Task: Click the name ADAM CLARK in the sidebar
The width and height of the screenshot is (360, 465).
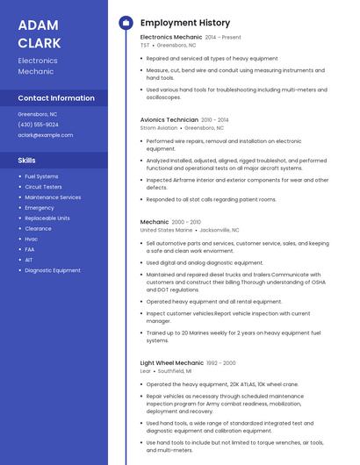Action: (x=40, y=33)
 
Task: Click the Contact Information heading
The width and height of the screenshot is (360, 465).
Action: (x=56, y=98)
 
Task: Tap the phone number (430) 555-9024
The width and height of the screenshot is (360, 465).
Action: (x=39, y=125)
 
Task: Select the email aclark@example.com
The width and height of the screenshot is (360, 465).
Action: (x=46, y=135)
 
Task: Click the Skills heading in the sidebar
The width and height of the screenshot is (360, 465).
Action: (x=27, y=161)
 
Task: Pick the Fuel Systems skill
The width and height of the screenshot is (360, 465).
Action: (x=41, y=176)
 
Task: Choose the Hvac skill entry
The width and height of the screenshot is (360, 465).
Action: (x=32, y=239)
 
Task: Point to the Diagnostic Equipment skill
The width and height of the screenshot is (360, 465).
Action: (x=53, y=270)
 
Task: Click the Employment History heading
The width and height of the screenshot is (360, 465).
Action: (x=185, y=23)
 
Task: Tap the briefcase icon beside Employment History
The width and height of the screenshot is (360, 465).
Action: (x=125, y=23)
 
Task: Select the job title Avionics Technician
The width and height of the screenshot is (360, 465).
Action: (x=169, y=119)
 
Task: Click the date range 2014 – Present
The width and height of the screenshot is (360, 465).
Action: (x=223, y=38)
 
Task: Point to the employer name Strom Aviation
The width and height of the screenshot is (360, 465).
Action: (x=159, y=127)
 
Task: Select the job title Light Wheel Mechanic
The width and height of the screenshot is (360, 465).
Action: (x=171, y=362)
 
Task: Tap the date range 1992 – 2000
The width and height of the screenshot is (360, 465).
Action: (x=221, y=362)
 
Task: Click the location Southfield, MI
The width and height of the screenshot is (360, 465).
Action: (x=177, y=371)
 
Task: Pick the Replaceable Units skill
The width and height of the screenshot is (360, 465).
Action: (x=47, y=218)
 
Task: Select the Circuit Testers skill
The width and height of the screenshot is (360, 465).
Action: (x=43, y=187)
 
